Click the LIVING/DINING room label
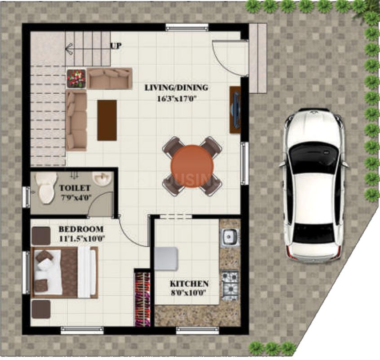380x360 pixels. tap(176, 87)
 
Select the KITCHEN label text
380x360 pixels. tap(189, 284)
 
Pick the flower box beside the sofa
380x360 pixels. tap(76, 78)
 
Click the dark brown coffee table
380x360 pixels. tap(107, 120)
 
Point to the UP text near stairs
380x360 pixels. tap(115, 45)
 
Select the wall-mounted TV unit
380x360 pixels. tap(234, 110)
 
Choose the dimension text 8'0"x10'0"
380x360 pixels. tap(189, 293)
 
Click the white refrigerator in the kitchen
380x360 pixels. tap(166, 258)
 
